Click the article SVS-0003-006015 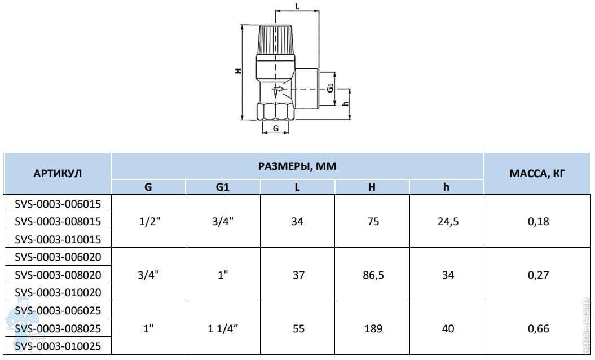click(x=58, y=204)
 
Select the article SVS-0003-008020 click(x=58, y=275)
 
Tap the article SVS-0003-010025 click(x=58, y=346)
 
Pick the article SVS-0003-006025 click(x=58, y=311)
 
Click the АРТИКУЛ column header click(x=58, y=174)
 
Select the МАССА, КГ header click(x=537, y=174)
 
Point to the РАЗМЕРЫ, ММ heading click(x=297, y=166)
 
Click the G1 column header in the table click(x=223, y=187)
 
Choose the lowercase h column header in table click(x=446, y=187)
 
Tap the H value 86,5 click(x=373, y=275)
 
